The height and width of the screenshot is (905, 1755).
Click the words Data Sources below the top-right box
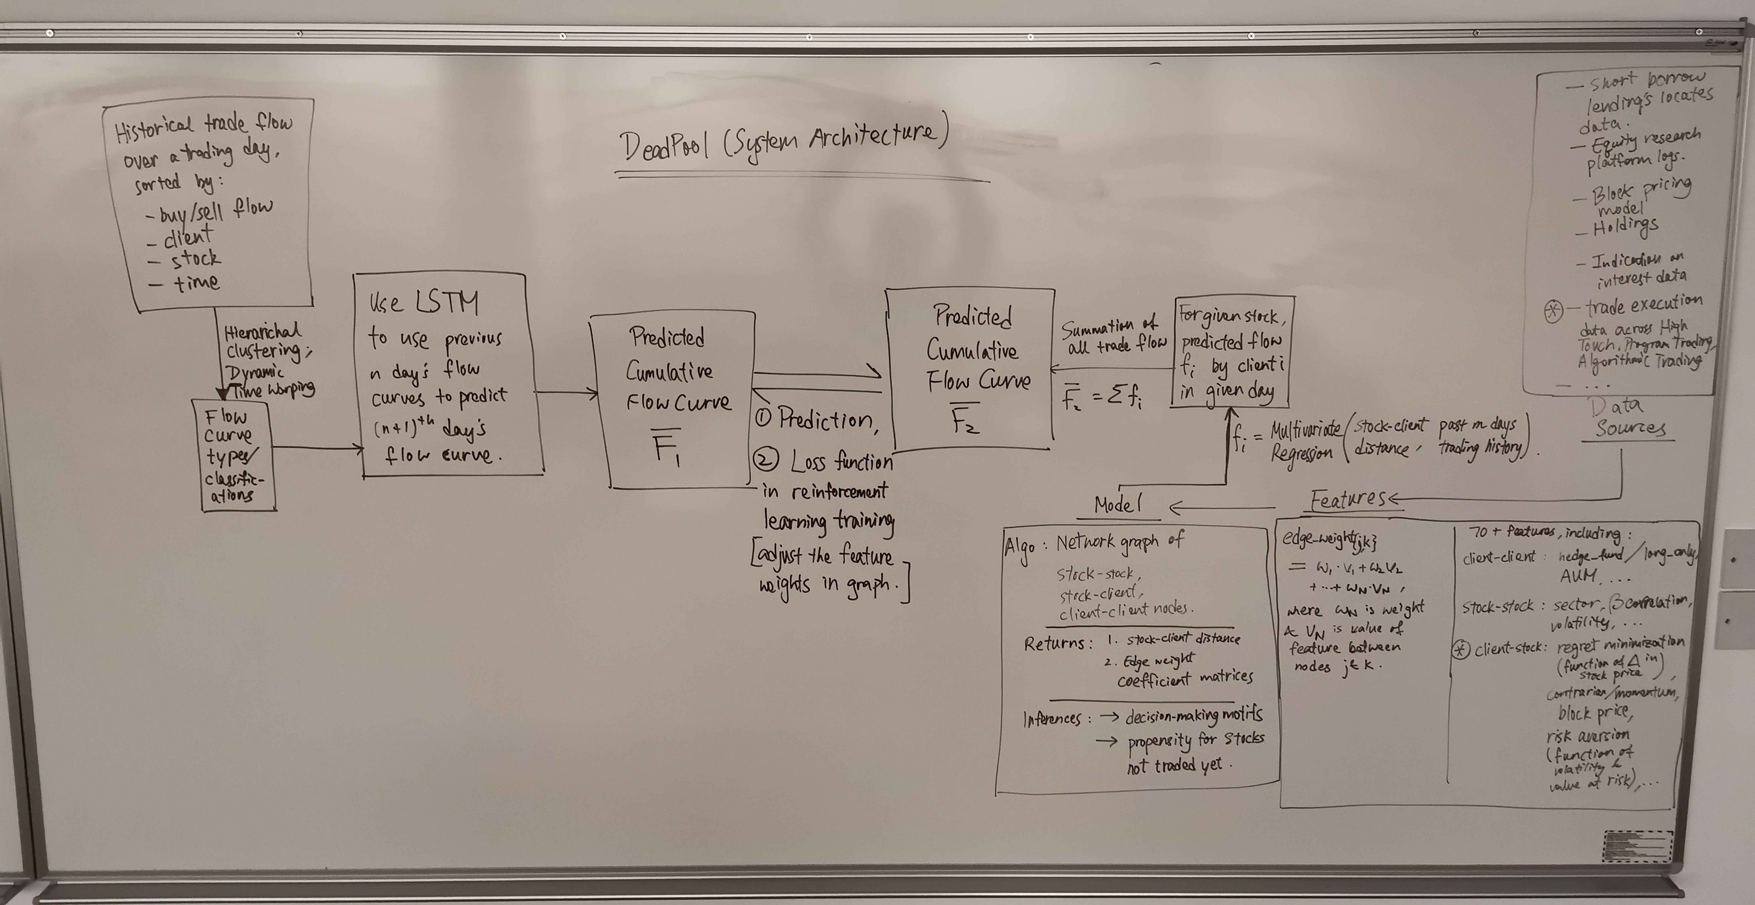point(1628,417)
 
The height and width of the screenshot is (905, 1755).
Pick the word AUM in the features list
point(1579,576)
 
